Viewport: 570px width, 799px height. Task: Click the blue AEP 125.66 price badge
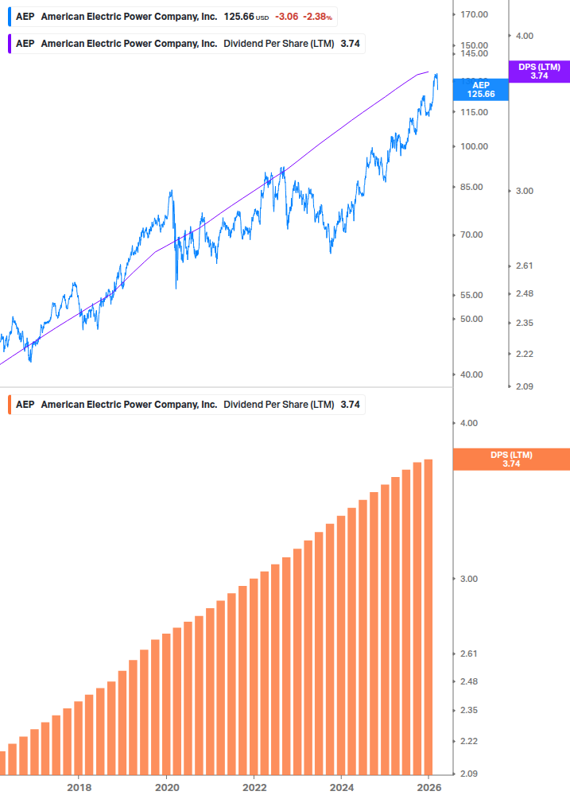[480, 89]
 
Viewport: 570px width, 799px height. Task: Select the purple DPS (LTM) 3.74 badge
[538, 72]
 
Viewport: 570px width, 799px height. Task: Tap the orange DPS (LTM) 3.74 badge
[510, 460]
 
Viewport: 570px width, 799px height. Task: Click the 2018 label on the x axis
[79, 787]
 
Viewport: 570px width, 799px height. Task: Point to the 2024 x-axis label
[341, 787]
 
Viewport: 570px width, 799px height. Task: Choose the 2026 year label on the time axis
[428, 787]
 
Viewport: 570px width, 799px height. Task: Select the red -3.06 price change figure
[286, 17]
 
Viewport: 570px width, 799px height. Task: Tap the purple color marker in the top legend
[9, 44]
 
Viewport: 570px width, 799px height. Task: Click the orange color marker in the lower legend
[9, 405]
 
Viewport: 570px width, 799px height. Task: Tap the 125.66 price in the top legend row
[238, 17]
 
